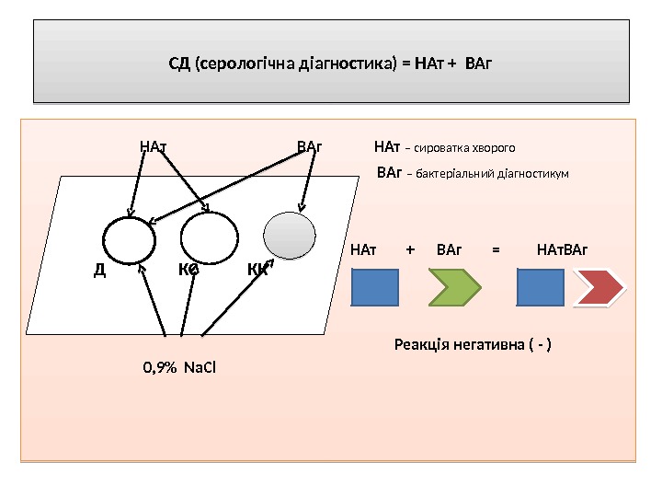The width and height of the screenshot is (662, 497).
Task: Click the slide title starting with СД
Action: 331,64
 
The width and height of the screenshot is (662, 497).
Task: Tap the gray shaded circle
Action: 290,235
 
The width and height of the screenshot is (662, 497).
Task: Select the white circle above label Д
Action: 130,241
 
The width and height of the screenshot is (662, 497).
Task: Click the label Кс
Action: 189,270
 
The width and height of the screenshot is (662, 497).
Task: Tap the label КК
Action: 258,270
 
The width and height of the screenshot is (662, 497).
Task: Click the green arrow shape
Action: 455,287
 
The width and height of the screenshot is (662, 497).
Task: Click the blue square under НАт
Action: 375,287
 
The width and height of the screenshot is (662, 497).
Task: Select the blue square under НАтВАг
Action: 541,287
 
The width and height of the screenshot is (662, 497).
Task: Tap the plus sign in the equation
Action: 410,249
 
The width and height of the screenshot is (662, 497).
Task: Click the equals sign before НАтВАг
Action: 496,249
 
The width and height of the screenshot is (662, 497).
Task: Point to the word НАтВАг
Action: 562,249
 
